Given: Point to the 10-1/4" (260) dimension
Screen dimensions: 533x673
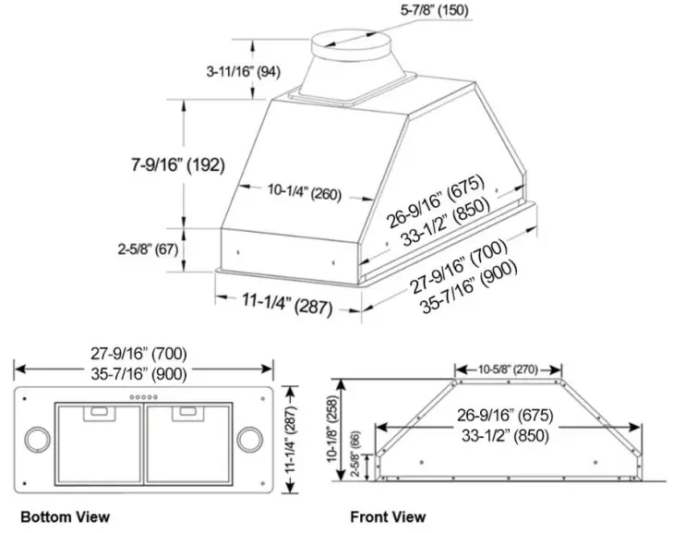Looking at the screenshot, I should click(304, 193).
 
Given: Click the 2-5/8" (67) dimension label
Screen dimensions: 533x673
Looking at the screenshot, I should click(148, 249).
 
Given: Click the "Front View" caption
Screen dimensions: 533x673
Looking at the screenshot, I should click(388, 515).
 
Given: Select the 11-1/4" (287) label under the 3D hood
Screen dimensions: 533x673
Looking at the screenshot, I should click(286, 304).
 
